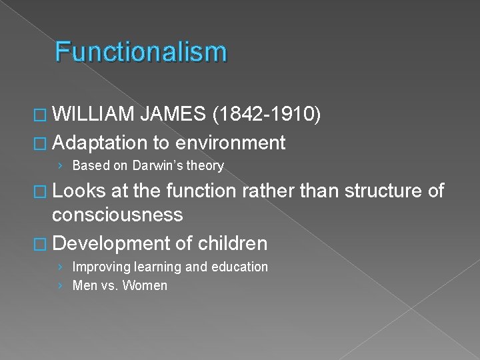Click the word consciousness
click(x=127, y=215)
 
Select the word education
click(x=239, y=267)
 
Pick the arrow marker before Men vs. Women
click(x=61, y=286)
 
